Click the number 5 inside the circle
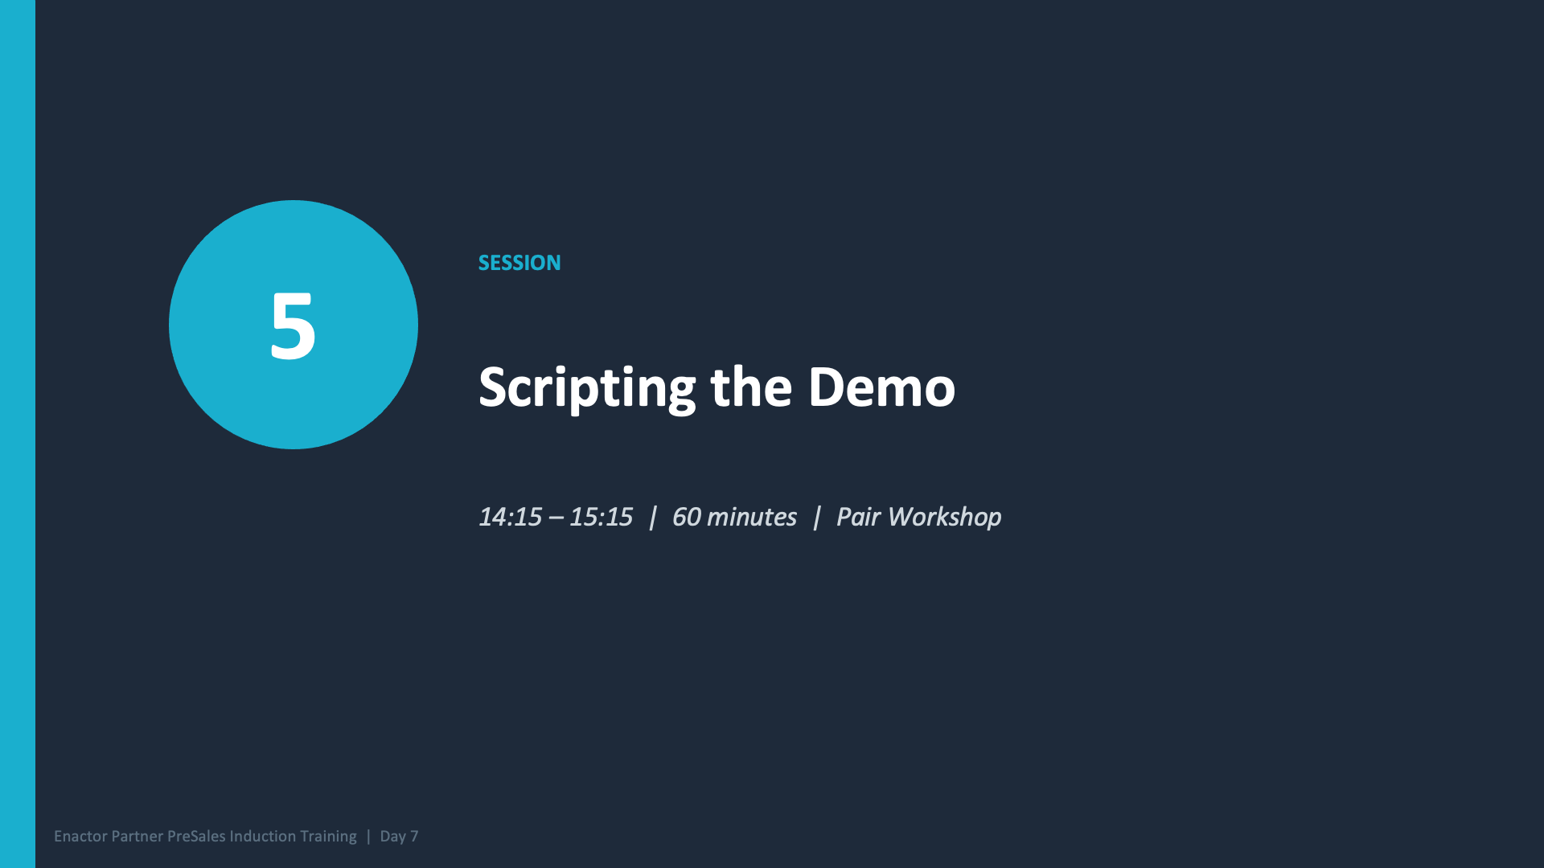[x=293, y=325]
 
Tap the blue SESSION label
[x=519, y=263]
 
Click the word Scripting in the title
[x=586, y=388]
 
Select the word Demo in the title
[x=881, y=387]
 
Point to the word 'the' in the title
[x=751, y=387]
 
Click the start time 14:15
[x=510, y=517]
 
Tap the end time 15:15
[x=601, y=517]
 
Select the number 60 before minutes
[x=686, y=517]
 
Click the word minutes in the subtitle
[x=751, y=517]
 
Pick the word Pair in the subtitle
[x=858, y=517]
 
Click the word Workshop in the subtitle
[x=944, y=517]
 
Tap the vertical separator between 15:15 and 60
[x=652, y=517]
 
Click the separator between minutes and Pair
[x=816, y=517]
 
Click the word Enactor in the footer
[x=80, y=837]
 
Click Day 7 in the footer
[x=399, y=837]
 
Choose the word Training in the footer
[x=328, y=837]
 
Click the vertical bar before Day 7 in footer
[x=368, y=837]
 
